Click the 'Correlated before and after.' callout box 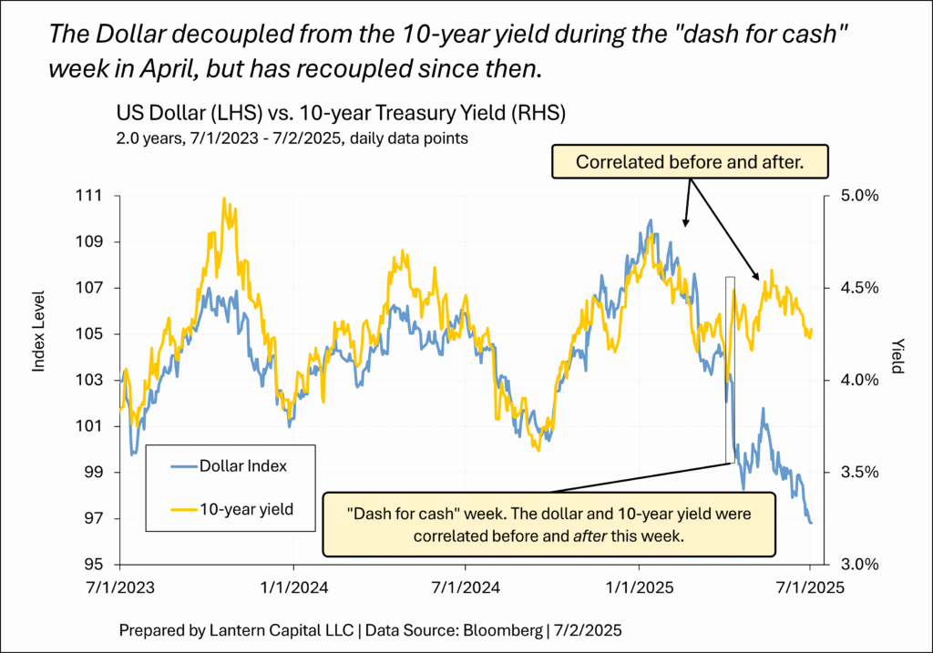pyautogui.click(x=689, y=163)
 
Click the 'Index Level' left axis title pyautogui.click(x=39, y=330)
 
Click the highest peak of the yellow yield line pyautogui.click(x=224, y=198)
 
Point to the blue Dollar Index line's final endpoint pyautogui.click(x=811, y=522)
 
